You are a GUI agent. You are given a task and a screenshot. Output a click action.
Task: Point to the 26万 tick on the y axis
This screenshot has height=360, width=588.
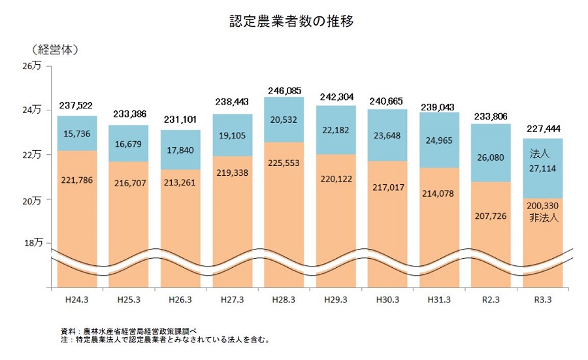click(33, 66)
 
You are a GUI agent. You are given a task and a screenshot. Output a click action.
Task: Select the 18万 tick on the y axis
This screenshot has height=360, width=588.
click(33, 242)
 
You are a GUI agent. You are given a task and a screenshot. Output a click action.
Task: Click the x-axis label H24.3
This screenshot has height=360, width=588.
click(77, 299)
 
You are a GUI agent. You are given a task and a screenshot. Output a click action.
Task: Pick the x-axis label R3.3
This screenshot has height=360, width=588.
click(544, 299)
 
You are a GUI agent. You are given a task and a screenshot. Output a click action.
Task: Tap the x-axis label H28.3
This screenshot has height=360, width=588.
click(284, 299)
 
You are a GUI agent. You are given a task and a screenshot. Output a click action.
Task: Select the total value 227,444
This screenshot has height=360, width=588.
click(544, 129)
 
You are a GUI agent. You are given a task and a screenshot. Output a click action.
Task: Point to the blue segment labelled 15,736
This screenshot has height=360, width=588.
click(77, 133)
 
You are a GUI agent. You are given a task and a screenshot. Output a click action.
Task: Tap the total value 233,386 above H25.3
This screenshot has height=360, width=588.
click(129, 114)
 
